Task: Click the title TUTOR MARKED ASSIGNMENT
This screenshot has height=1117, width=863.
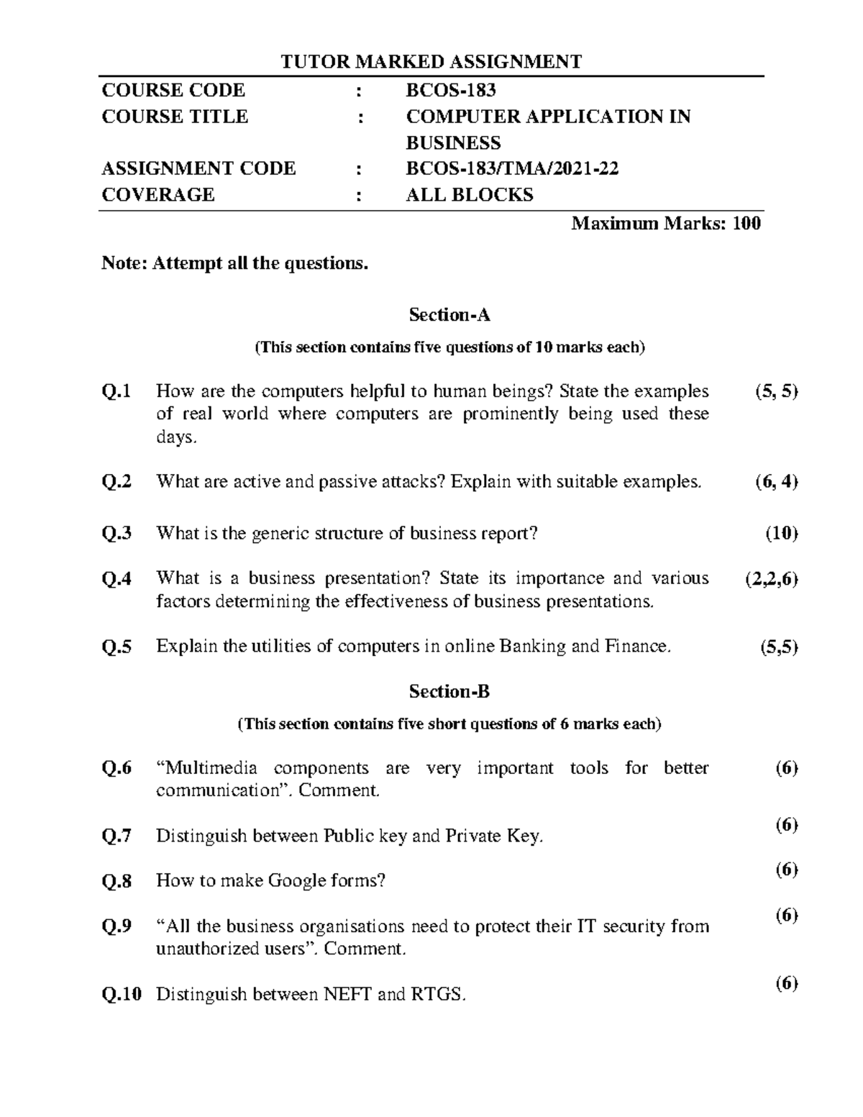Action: click(431, 62)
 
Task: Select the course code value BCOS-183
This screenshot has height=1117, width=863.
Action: click(451, 90)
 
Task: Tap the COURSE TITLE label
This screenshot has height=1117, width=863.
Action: click(175, 117)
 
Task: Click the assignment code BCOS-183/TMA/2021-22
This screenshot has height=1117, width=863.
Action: click(512, 168)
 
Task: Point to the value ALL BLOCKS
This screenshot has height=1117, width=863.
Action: click(470, 195)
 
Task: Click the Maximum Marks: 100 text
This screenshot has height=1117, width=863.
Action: click(665, 224)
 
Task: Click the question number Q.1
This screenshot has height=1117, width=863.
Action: click(117, 392)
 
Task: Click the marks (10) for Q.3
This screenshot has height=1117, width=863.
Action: click(781, 534)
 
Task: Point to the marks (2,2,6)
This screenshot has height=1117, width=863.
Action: click(772, 580)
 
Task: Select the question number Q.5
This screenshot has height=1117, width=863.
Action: click(117, 647)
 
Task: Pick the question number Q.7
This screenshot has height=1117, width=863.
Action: click(117, 836)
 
